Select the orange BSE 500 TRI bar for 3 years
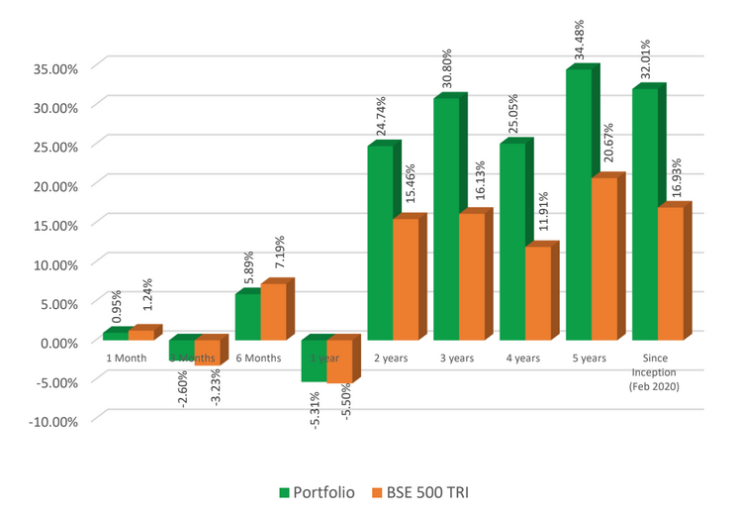472,277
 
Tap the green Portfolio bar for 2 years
380,244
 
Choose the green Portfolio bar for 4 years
512,243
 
